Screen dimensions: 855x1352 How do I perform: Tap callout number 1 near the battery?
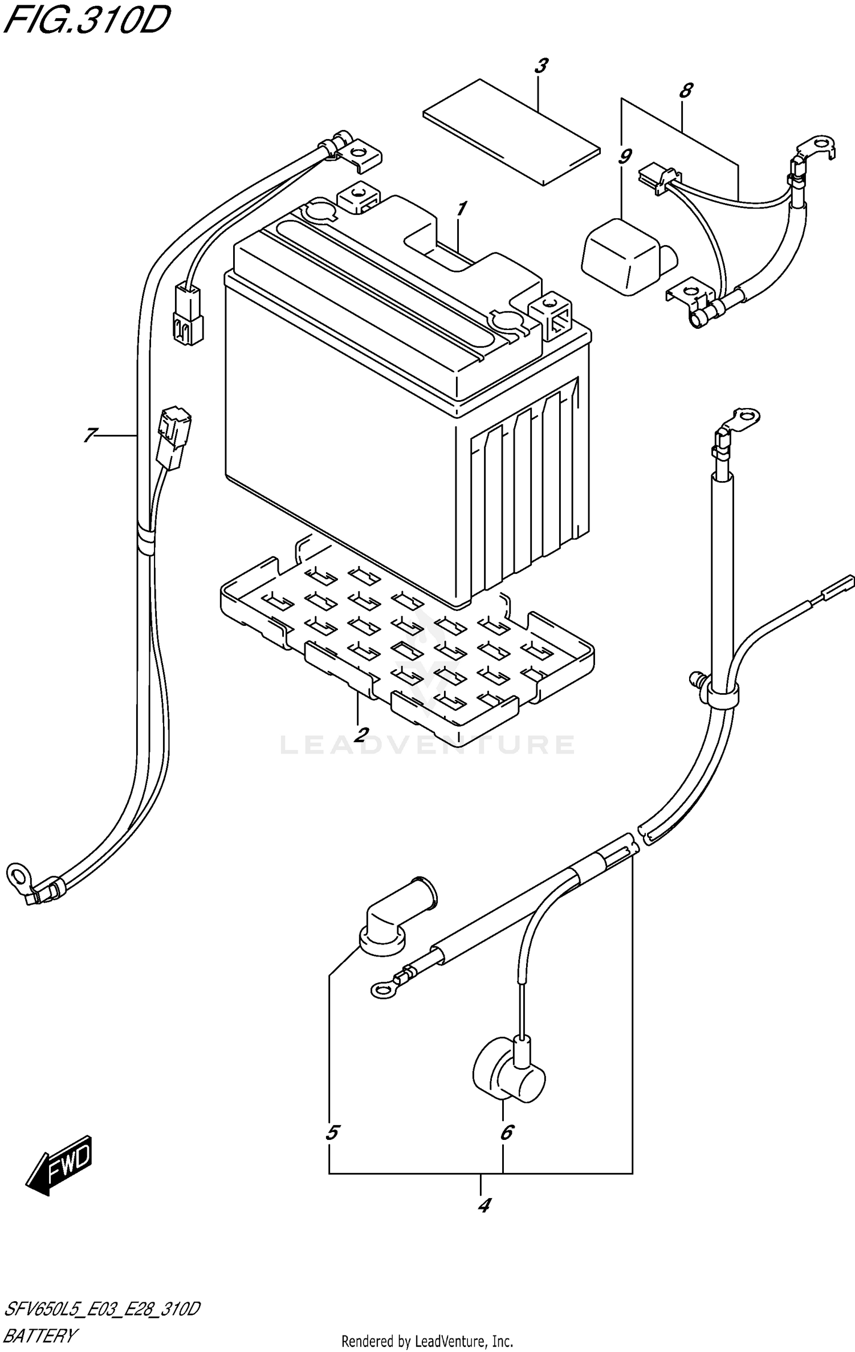click(461, 209)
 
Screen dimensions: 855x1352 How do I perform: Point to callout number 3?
click(540, 66)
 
